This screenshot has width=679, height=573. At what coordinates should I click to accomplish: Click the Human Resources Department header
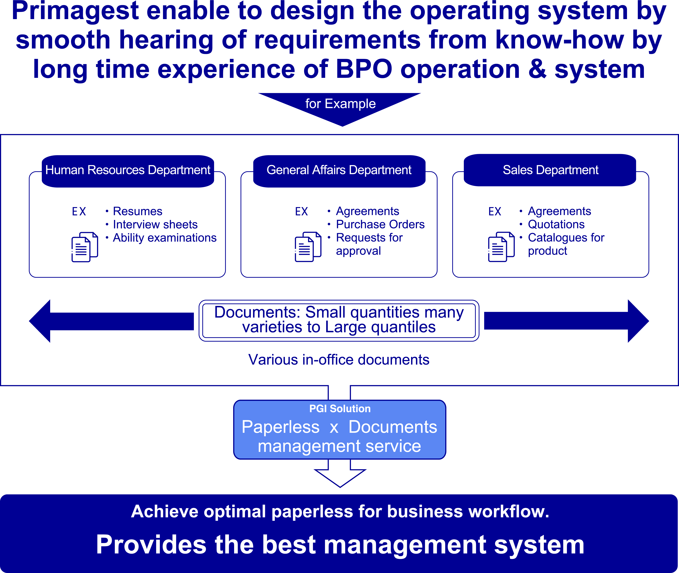coord(128,170)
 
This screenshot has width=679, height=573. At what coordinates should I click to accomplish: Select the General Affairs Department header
coord(339,170)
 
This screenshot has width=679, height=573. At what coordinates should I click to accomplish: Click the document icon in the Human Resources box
coord(85,247)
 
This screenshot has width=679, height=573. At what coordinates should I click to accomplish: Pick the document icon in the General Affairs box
coord(308,247)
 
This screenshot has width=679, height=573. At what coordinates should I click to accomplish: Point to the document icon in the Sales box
coord(501,247)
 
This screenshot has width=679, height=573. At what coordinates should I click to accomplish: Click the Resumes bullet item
coord(137,212)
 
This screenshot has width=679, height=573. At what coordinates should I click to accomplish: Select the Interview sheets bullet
coord(155,225)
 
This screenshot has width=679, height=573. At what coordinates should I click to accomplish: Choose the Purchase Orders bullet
coord(380,225)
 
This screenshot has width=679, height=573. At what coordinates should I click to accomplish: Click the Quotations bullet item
coord(556,225)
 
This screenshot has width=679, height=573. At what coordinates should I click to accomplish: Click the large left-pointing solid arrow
coord(110,321)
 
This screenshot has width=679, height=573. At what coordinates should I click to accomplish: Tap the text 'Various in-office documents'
coord(339,360)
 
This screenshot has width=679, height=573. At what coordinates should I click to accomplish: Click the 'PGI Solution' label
coord(340,409)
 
